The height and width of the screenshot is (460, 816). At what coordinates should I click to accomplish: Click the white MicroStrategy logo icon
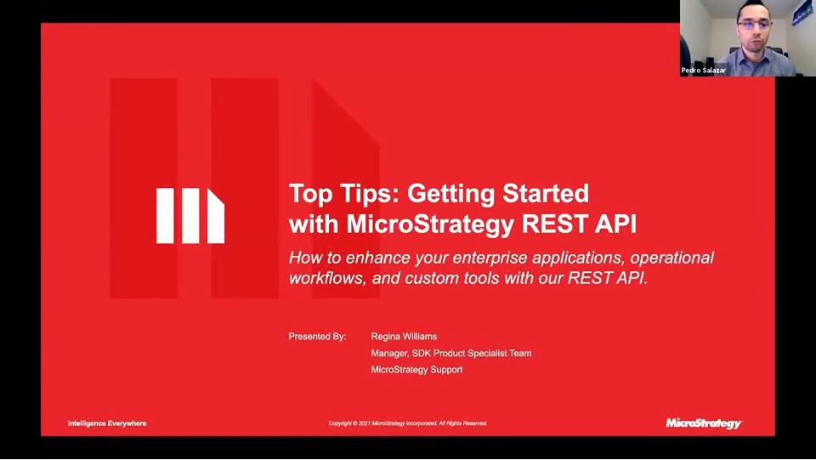pos(190,216)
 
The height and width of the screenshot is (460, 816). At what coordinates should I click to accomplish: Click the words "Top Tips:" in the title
pos(344,193)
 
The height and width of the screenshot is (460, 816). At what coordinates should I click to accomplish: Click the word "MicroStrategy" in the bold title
pos(432,224)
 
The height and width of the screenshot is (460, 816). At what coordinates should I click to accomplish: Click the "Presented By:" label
pos(317,337)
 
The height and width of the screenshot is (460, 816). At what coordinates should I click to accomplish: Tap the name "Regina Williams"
pos(404,337)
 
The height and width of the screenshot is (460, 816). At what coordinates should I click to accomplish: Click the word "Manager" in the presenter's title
pos(390,353)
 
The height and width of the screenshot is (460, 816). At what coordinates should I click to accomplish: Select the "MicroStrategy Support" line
pos(416,370)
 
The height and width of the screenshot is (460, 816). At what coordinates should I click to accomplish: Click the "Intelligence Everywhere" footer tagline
pos(107,423)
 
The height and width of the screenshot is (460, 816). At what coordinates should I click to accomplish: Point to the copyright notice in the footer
pos(408,423)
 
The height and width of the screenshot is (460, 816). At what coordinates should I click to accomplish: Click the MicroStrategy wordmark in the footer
pos(703,423)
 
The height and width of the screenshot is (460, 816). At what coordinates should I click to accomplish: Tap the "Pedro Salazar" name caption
pos(704,71)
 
